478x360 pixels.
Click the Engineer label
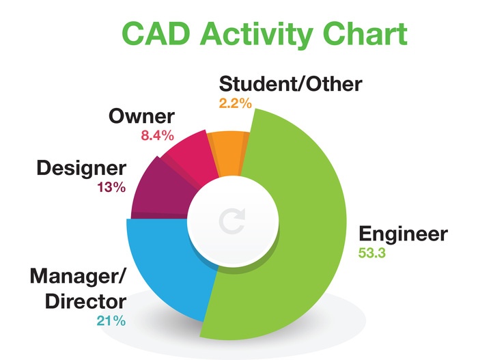pos(403,234)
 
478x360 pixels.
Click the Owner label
pos(142,117)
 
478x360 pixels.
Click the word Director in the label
pos(85,301)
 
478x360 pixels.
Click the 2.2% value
pos(236,104)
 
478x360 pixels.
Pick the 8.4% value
pos(158,136)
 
